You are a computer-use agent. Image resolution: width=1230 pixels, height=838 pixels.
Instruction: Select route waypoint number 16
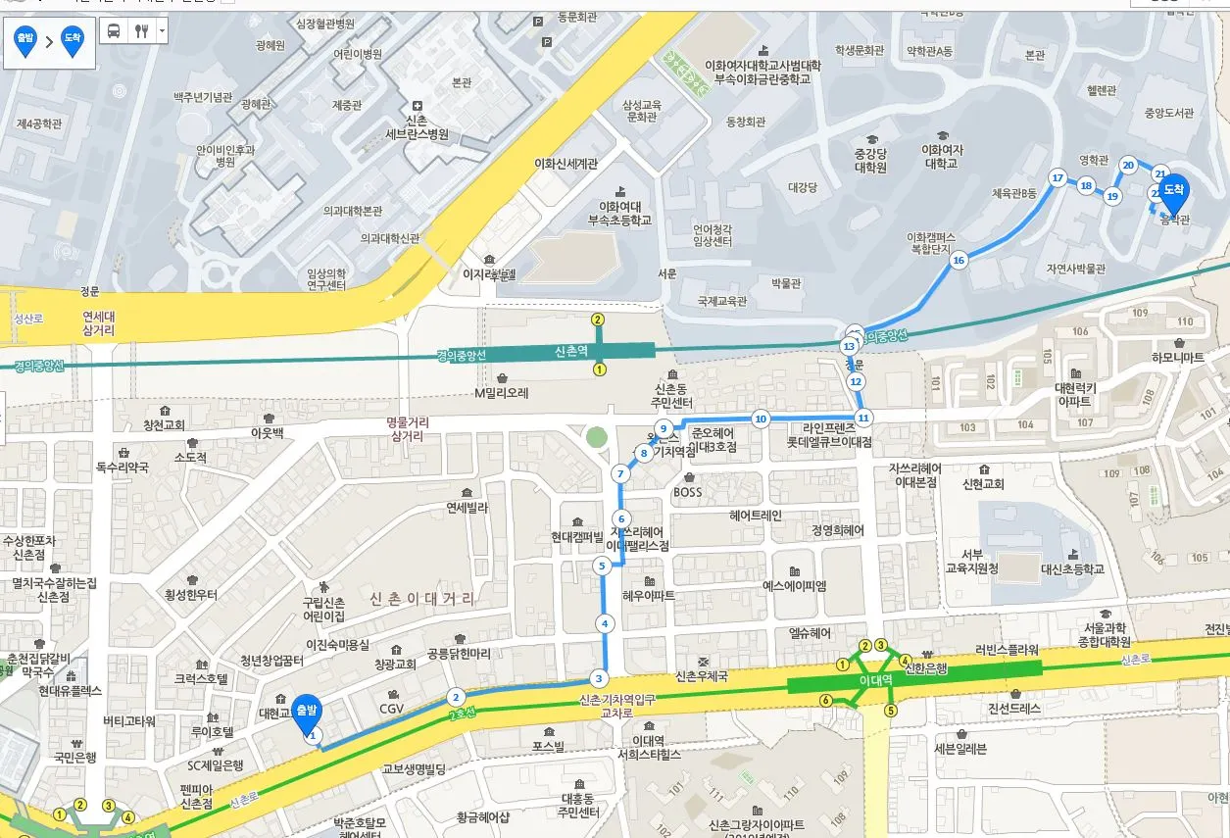tap(959, 260)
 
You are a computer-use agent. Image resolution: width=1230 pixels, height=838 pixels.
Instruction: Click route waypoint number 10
tap(760, 419)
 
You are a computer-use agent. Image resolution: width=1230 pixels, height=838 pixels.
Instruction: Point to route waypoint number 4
tap(605, 623)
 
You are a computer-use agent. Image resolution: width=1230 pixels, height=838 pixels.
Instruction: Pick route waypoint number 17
tap(1057, 178)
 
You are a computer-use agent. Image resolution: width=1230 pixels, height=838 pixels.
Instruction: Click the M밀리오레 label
tap(501, 393)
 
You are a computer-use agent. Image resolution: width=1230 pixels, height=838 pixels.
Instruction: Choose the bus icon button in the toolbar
tap(114, 30)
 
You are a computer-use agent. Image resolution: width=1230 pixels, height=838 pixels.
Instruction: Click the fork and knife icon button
tap(141, 30)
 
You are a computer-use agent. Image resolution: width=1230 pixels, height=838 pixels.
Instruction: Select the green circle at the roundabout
tap(595, 436)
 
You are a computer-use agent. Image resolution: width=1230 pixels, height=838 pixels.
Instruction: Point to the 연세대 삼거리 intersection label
tap(98, 323)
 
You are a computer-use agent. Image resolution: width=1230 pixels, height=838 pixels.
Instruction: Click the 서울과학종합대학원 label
tap(1105, 634)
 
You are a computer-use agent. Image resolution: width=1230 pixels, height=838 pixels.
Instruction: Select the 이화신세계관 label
tap(566, 164)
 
